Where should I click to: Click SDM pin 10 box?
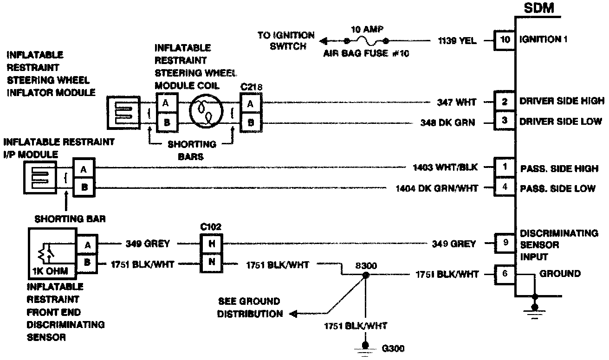click(x=505, y=40)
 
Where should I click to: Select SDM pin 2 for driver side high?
click(x=505, y=102)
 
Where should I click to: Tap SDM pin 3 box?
click(x=505, y=122)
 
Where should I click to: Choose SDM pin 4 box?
click(x=505, y=188)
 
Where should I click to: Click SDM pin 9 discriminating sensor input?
click(x=505, y=243)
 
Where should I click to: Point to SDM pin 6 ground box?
click(x=505, y=274)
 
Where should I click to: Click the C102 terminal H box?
click(x=212, y=243)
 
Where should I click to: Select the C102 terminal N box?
click(x=212, y=263)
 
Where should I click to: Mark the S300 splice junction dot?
click(x=366, y=275)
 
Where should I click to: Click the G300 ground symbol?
click(x=366, y=348)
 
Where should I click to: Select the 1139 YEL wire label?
click(x=457, y=41)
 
